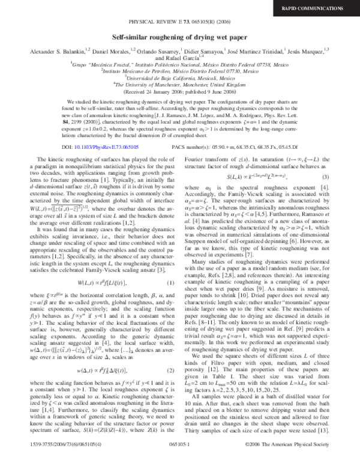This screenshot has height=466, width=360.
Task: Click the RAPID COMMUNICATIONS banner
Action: tap(324, 8)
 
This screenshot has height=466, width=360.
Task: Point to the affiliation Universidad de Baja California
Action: tap(180, 78)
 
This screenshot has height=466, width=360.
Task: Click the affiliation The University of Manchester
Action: tap(180, 85)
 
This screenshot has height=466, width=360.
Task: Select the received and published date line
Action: tap(180, 91)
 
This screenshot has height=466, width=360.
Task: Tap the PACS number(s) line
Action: tap(240, 146)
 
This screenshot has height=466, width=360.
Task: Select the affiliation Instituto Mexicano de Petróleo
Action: tap(180, 71)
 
